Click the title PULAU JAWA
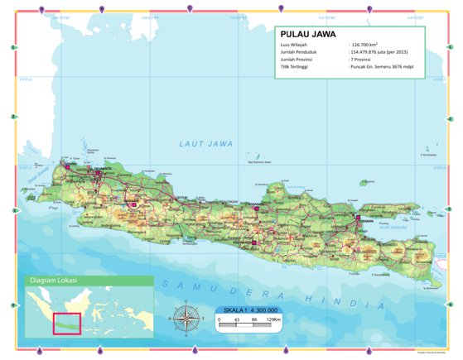pyautogui.click(x=306, y=34)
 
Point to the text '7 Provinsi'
pyautogui.click(x=363, y=59)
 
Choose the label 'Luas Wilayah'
pyautogui.click(x=293, y=45)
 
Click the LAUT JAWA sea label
pyautogui.click(x=206, y=144)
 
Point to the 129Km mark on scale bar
pyautogui.click(x=274, y=319)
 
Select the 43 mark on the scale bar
pyautogui.click(x=237, y=319)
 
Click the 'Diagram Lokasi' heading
pyautogui.click(x=54, y=281)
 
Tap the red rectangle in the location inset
pyautogui.click(x=66, y=324)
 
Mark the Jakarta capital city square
pyautogui.click(x=99, y=174)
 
